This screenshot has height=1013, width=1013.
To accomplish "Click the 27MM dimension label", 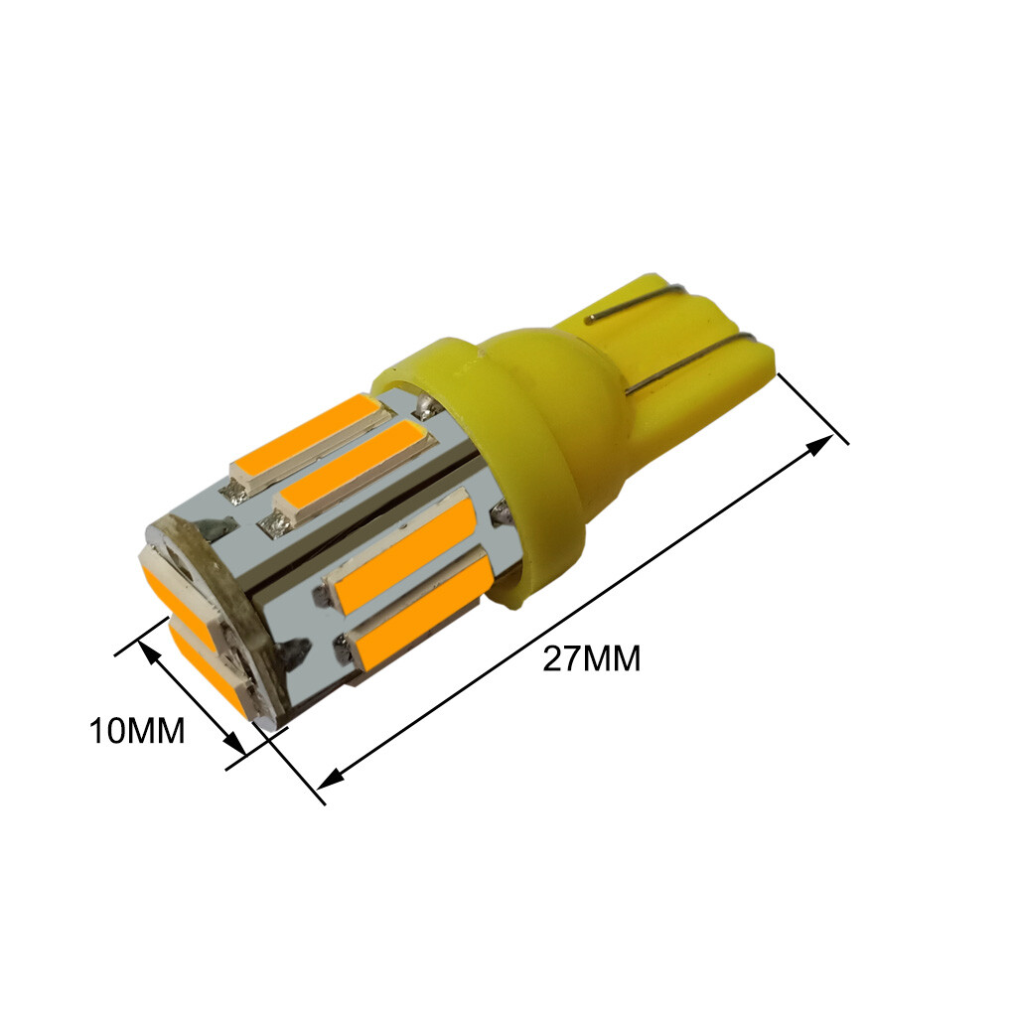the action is point(591,659).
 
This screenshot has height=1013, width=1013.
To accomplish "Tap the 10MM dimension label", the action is point(137,731).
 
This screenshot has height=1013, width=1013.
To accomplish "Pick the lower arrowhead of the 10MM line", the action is point(233,742).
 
